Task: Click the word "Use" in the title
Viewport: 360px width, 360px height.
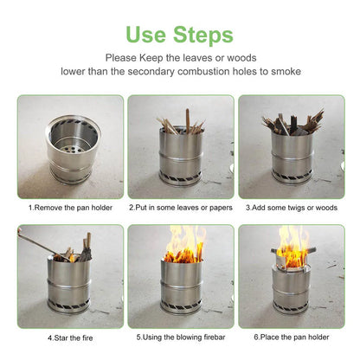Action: [150, 35]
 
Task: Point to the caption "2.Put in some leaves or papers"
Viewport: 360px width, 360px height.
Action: [180, 208]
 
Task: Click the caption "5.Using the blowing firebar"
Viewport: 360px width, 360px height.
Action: [180, 336]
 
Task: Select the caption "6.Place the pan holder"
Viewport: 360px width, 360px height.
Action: [292, 336]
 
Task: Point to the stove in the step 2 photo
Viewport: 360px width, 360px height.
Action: [180, 156]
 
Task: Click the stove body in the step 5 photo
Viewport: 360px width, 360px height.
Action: [182, 286]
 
